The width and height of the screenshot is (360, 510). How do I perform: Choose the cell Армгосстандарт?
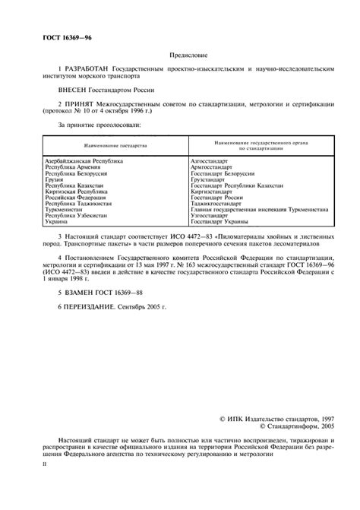click(x=213, y=168)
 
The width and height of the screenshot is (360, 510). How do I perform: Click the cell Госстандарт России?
click(x=218, y=197)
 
